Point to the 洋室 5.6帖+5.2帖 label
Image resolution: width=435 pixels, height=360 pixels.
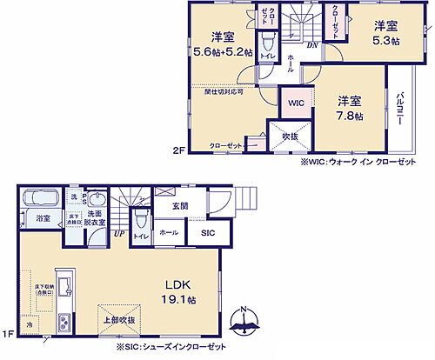click(223, 44)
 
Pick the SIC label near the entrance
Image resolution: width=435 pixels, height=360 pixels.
click(209, 233)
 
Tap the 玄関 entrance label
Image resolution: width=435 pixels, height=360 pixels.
click(180, 205)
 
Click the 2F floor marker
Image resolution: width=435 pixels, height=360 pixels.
click(178, 150)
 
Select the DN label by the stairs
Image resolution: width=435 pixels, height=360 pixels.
click(311, 43)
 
